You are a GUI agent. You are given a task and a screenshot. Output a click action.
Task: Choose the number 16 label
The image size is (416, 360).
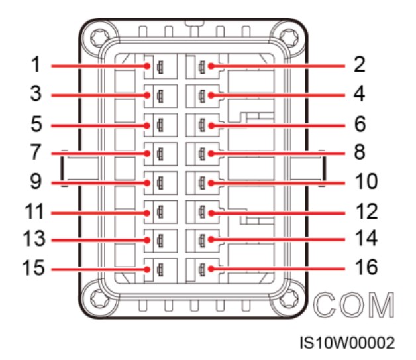tap(364, 269)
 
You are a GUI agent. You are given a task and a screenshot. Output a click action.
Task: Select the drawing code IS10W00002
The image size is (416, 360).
tap(347, 343)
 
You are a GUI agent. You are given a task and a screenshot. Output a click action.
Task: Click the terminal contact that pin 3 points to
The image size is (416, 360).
tap(159, 95)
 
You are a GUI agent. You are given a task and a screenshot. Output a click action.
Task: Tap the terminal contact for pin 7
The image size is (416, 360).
tap(159, 154)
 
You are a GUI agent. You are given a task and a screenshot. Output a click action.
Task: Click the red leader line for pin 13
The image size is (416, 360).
tap(99, 241)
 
